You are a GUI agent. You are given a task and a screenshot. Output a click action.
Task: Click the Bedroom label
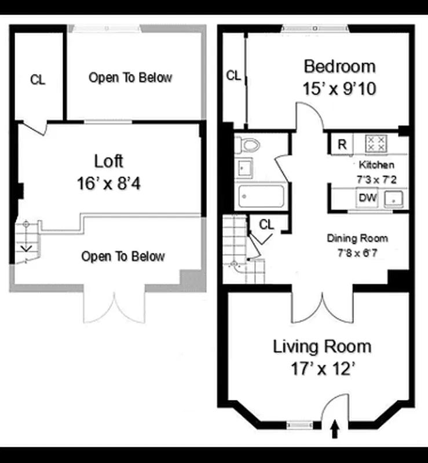click(339, 66)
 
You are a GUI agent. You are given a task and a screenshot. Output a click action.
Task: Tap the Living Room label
click(322, 347)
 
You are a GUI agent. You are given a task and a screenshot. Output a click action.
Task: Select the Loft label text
click(109, 161)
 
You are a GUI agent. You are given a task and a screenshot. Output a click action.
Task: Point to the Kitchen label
click(376, 165)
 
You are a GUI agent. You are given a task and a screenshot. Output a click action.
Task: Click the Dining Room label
click(357, 238)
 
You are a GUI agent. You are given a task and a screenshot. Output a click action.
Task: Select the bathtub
click(261, 197)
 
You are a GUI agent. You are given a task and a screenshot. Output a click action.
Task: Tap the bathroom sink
click(243, 168)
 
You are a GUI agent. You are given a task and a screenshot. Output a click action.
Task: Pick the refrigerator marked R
click(342, 144)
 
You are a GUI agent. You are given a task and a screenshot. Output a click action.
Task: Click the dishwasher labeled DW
click(368, 198)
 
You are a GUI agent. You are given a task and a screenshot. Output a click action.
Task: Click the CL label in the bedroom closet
click(233, 75)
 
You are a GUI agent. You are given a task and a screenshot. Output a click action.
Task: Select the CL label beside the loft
click(38, 80)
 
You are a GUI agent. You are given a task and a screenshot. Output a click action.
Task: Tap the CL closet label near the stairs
click(266, 225)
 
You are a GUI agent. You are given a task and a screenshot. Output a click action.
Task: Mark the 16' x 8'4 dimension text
click(109, 183)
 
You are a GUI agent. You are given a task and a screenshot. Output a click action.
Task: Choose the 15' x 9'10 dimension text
click(339, 88)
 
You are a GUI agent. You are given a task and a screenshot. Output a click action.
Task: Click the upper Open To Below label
click(130, 78)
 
